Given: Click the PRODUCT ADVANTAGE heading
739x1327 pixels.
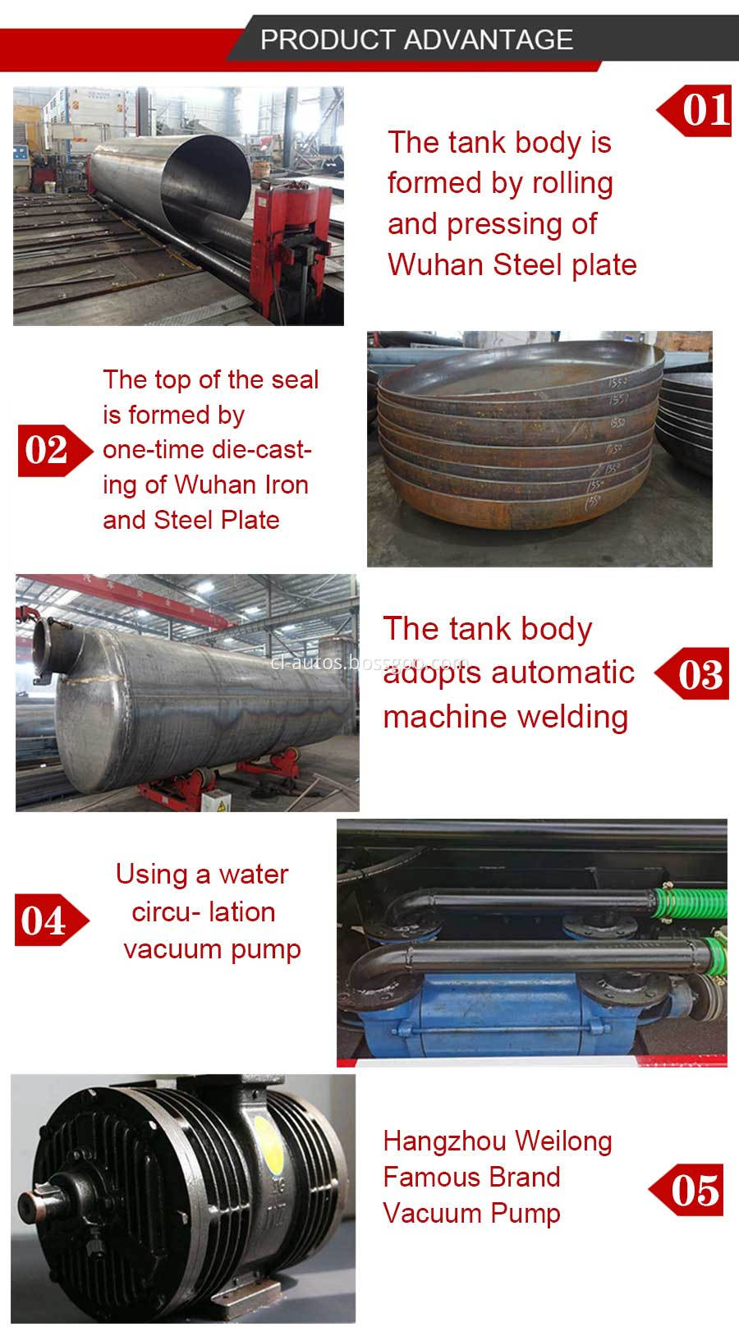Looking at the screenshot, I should (416, 39).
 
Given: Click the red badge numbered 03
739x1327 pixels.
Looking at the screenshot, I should (697, 674).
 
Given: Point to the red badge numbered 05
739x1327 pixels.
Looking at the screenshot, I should (691, 1189).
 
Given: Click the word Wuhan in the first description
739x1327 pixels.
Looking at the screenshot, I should (436, 264).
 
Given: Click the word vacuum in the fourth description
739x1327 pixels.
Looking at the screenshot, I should (173, 949).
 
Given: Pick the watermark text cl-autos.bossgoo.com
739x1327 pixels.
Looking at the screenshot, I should (369, 662).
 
